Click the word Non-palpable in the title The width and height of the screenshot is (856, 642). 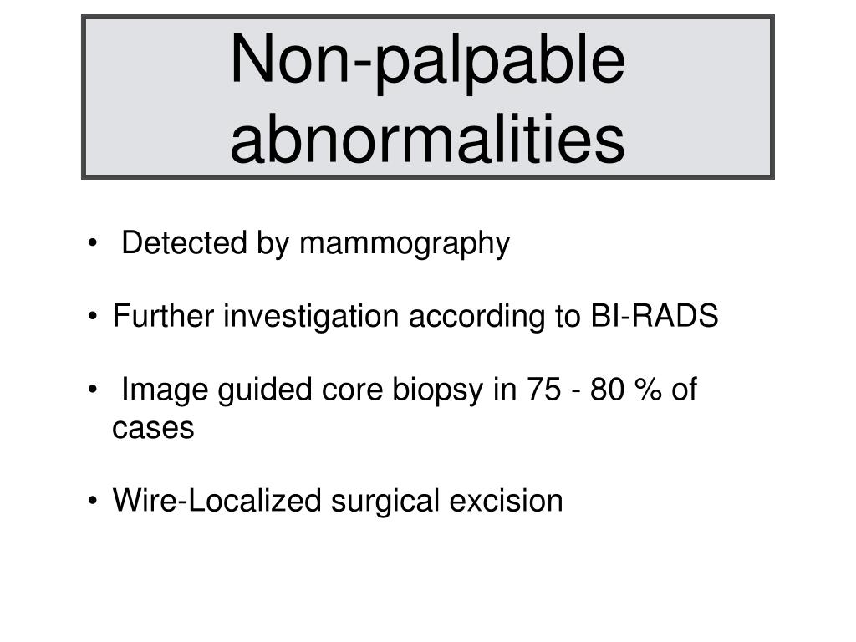click(x=427, y=60)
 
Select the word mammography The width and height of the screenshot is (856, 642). click(x=405, y=244)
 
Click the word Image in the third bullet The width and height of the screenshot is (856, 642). click(x=166, y=390)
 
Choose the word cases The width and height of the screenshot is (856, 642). click(x=153, y=429)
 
